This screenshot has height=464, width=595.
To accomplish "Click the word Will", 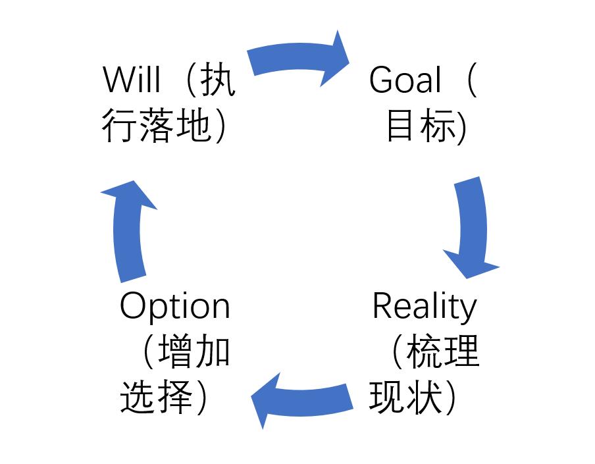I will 132,81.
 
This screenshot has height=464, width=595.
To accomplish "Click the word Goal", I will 405,81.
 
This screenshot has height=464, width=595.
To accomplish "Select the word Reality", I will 424,306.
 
